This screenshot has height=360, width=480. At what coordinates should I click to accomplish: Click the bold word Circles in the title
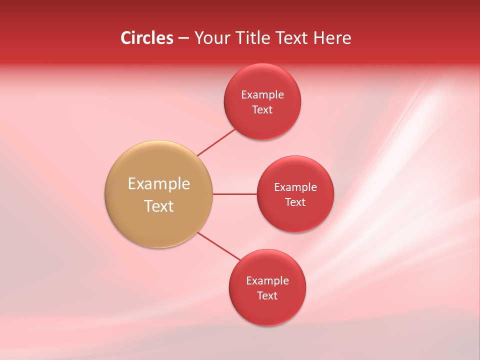(x=146, y=38)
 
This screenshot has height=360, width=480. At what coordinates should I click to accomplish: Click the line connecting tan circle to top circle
(x=216, y=142)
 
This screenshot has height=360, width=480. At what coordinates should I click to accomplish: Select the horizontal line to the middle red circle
(x=234, y=194)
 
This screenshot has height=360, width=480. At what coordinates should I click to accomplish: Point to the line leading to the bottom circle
(x=219, y=246)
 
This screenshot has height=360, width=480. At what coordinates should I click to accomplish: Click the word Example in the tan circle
(x=158, y=184)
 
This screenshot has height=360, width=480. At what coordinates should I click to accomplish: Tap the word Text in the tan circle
(x=158, y=206)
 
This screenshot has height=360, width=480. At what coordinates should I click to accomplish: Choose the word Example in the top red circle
(x=262, y=95)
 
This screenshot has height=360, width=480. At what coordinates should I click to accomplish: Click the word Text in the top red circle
(x=262, y=109)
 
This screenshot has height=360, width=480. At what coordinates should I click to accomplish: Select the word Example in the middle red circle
(x=295, y=187)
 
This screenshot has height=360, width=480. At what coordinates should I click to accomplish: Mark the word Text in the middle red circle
(x=295, y=202)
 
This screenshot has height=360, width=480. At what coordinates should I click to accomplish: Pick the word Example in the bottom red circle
(x=267, y=281)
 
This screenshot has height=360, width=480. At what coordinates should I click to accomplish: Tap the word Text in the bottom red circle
(x=267, y=295)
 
